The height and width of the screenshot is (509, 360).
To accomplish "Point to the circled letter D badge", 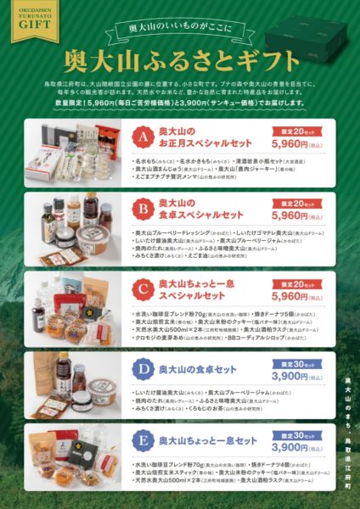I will (x=143, y=370).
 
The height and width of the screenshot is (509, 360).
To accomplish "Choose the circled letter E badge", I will (x=143, y=442).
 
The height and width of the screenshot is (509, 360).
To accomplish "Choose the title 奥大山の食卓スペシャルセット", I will (x=192, y=209).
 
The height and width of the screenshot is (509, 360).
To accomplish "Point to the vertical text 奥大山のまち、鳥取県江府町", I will (x=346, y=433).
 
